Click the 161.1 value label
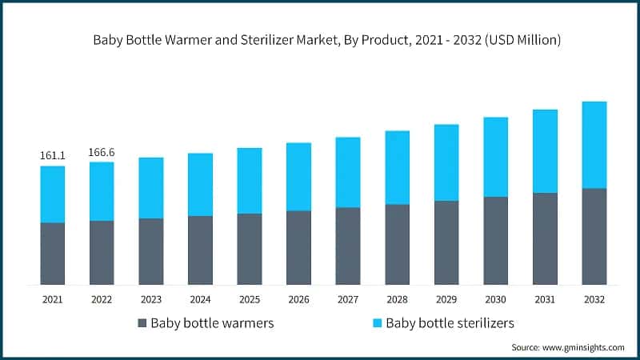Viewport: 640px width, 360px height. [x=52, y=155]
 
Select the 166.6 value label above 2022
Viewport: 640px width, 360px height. [x=102, y=151]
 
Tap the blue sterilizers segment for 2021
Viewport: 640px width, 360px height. [x=52, y=194]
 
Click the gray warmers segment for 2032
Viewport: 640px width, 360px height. [x=594, y=236]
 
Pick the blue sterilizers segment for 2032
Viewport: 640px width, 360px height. [x=594, y=145]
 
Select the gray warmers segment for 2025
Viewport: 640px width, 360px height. [x=250, y=249]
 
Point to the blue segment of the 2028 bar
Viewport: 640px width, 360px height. [x=398, y=167]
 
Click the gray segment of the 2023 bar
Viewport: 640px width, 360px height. [x=151, y=251]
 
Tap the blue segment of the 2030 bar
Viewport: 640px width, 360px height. [x=495, y=157]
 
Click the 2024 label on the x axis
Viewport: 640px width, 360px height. [x=200, y=299]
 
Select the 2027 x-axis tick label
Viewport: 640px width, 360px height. [x=348, y=299]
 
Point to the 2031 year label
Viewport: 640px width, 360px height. [x=545, y=299]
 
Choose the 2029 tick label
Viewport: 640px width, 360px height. [x=446, y=299]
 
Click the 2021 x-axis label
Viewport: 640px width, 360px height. [x=52, y=299]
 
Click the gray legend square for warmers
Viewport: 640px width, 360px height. [x=142, y=323]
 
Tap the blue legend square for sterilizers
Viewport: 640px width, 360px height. [x=375, y=323]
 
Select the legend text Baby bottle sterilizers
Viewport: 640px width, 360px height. [x=449, y=323]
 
